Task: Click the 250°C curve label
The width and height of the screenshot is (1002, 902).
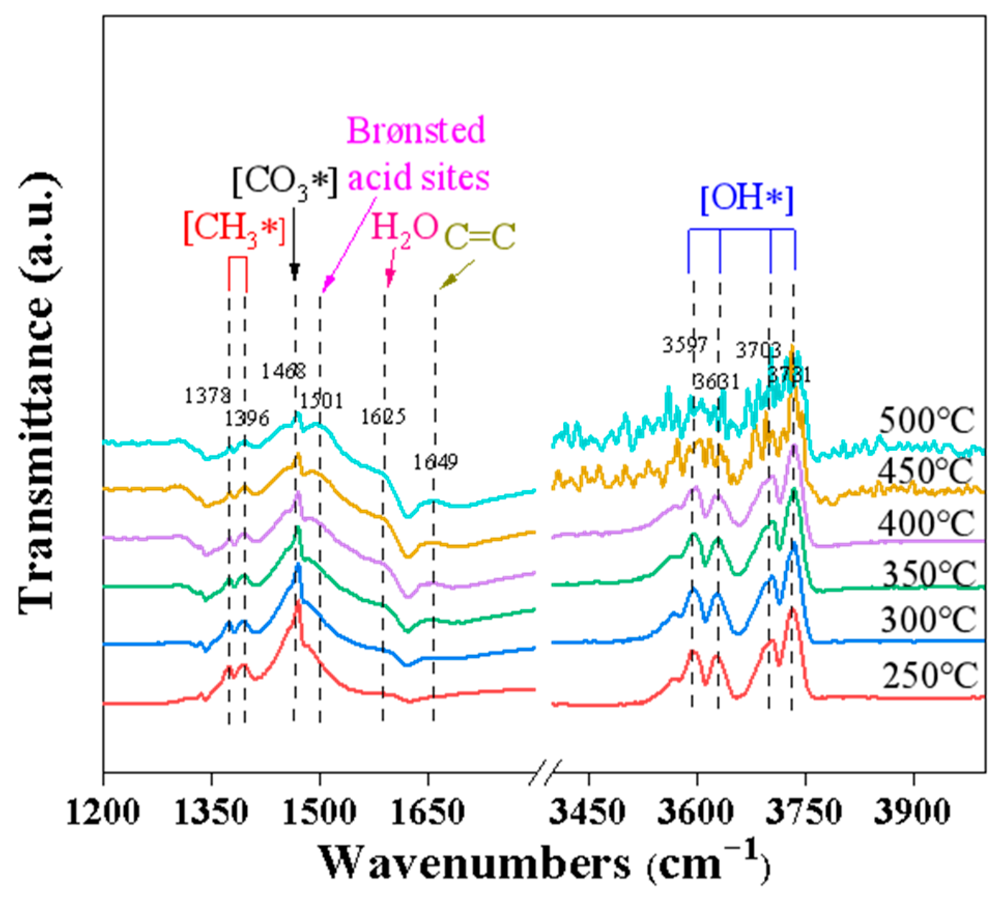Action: [929, 675]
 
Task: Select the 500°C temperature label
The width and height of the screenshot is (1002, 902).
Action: [926, 420]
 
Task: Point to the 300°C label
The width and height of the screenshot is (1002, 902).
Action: [927, 619]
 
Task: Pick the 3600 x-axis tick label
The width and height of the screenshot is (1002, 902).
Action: [695, 812]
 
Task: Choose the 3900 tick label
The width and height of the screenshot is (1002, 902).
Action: [912, 812]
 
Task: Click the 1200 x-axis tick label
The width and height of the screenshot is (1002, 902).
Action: [103, 812]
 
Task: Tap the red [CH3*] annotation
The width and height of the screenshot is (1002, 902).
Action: [234, 229]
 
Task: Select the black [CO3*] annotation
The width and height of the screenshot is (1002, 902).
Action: [284, 182]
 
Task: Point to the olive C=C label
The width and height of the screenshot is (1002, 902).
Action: [480, 237]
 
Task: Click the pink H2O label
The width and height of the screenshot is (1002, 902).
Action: [405, 228]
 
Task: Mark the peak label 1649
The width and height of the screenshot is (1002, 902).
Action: [435, 462]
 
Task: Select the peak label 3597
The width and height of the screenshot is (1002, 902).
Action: [684, 345]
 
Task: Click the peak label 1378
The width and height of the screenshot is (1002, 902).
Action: [207, 396]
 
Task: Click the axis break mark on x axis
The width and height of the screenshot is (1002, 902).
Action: [545, 772]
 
